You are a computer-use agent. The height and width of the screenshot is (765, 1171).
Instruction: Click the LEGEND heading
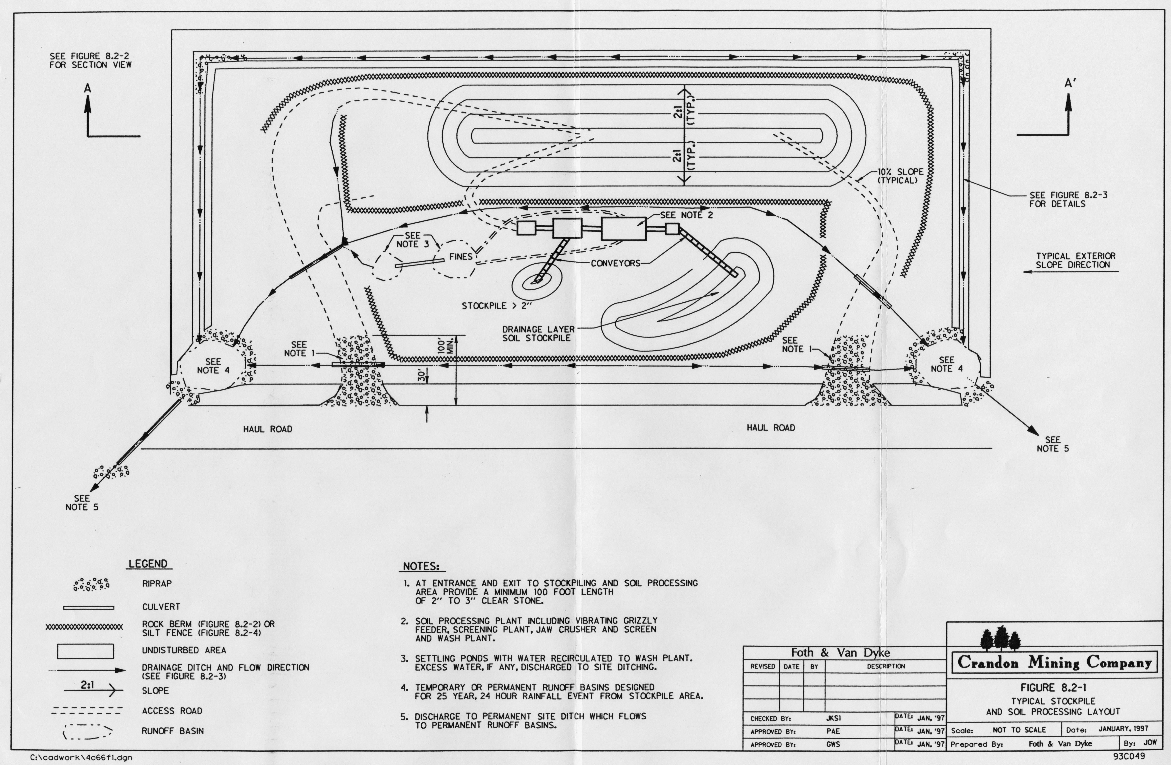point(148,564)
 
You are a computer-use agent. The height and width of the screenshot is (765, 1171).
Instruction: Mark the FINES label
point(460,257)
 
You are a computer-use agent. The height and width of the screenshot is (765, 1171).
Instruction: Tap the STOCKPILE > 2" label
point(497,306)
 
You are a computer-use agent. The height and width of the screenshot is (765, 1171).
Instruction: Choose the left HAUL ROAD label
point(268,429)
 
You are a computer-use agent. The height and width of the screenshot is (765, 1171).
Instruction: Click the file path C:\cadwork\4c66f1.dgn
point(81,758)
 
